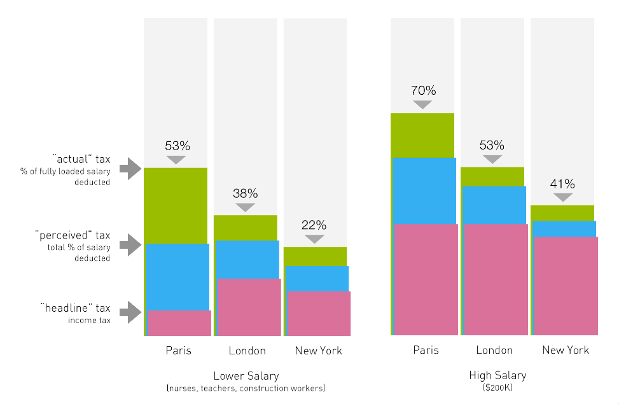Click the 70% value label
point(422,90)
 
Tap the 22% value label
point(314,225)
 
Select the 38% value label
point(245,193)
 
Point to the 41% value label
point(562,184)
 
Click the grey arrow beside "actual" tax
point(130,169)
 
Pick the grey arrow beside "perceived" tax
point(130,244)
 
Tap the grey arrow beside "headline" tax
point(130,312)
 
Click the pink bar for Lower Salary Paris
point(179,323)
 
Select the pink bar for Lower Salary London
point(249,307)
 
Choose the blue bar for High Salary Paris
point(424,190)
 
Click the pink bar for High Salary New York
point(566,286)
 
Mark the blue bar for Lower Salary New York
point(317,278)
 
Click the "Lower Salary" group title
point(246,375)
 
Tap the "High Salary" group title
point(497,375)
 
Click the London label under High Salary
point(494,350)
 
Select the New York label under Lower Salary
point(318,351)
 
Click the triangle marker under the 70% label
point(422,105)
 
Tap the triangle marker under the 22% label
point(314,239)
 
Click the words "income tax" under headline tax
point(89,320)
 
